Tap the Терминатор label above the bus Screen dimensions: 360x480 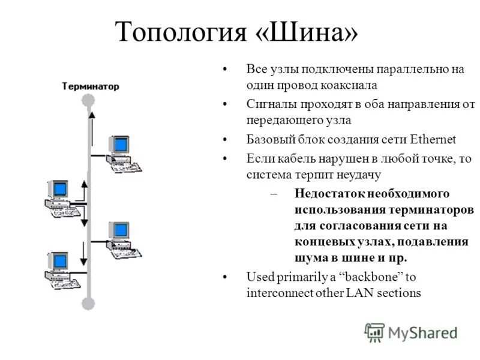pyautogui.click(x=91, y=86)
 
